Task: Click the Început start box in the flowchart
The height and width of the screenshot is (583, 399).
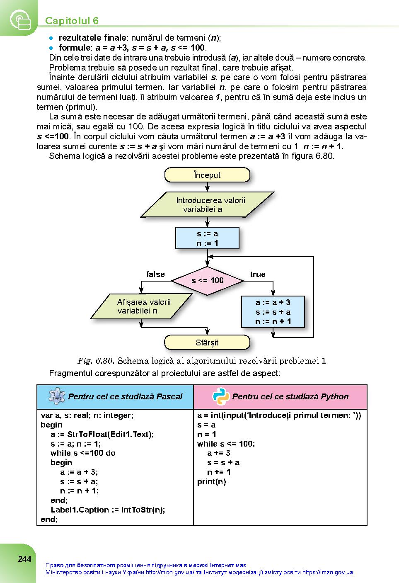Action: coord(207,175)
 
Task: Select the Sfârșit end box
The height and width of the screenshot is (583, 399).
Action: coord(207,342)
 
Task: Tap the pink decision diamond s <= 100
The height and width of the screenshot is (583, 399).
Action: coord(207,281)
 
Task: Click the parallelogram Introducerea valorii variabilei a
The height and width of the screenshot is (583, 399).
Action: coord(207,204)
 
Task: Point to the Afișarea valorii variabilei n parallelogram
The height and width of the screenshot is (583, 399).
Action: coord(141,306)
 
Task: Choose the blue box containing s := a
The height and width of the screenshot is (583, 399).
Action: coord(207,238)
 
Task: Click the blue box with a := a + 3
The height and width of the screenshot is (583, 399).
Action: coord(273,312)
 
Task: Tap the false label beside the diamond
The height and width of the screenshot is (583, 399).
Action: coord(155,274)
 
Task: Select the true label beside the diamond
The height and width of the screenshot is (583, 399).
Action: coord(257,274)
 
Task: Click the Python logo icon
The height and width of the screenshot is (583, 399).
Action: coord(220,396)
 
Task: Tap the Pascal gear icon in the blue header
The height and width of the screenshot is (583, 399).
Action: coord(57,396)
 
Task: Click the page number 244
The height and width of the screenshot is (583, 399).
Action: coord(24,559)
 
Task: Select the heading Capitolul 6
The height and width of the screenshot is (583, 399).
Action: coord(72,21)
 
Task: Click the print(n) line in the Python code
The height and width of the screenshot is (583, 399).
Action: coord(211,482)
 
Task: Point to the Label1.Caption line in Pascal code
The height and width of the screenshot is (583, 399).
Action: coord(108,510)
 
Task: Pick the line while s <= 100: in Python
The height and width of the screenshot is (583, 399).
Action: coord(226,444)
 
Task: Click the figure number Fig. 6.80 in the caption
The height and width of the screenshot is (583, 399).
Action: coord(95,361)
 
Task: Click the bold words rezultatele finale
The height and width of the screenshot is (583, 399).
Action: coord(92,38)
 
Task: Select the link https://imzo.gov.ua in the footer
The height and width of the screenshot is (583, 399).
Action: coord(327,572)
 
